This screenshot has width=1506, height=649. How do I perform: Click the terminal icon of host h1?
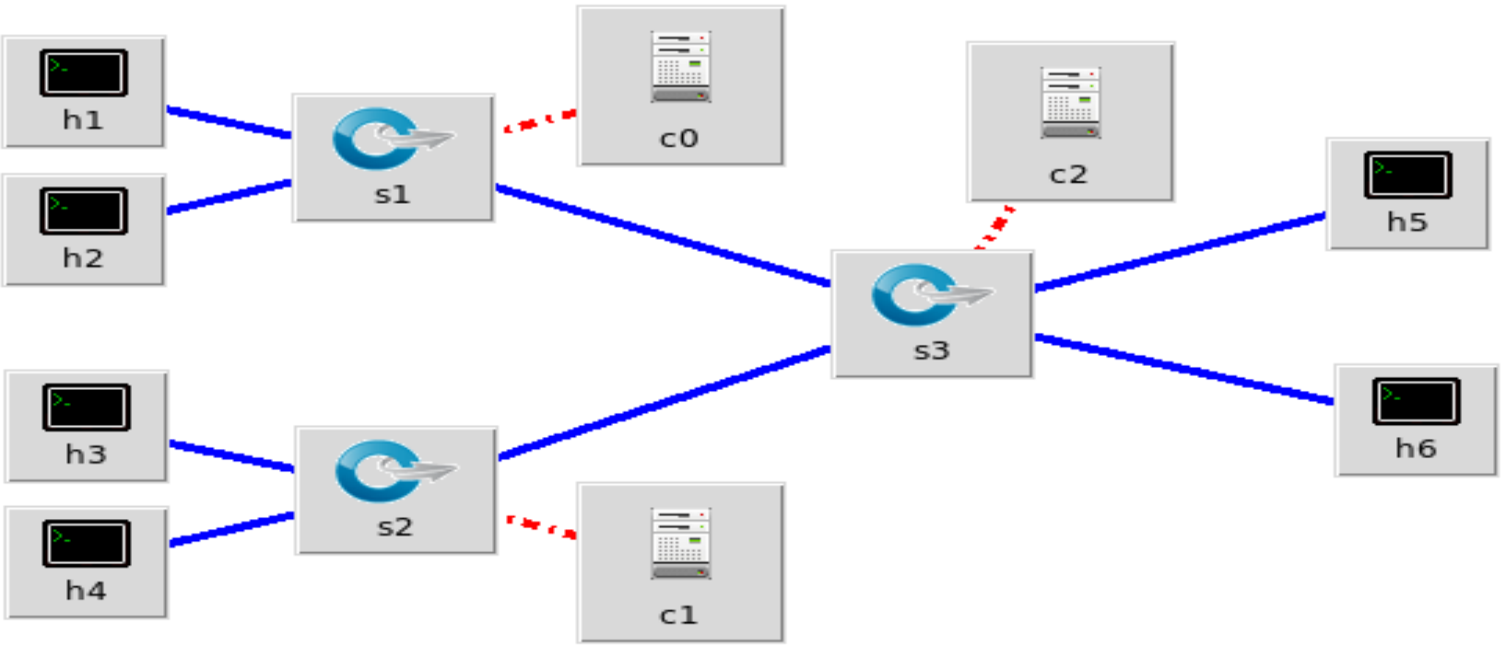click(x=83, y=73)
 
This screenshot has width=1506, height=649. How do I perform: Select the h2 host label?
click(x=83, y=258)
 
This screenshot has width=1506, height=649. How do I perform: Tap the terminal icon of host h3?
click(x=86, y=407)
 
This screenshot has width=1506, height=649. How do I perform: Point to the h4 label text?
click(x=86, y=591)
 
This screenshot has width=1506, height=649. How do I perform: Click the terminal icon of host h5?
click(x=1407, y=174)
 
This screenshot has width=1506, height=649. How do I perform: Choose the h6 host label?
click(x=1416, y=449)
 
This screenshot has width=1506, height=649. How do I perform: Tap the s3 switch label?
click(x=931, y=351)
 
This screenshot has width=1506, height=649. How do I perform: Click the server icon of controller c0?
click(x=681, y=66)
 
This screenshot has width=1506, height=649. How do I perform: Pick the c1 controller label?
click(x=679, y=615)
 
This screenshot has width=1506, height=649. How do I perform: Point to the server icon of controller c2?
click(x=1070, y=102)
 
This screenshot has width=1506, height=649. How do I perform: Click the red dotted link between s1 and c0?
click(x=539, y=122)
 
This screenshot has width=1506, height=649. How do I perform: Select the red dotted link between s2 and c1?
click(x=541, y=526)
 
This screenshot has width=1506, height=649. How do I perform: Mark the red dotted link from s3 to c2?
click(x=995, y=228)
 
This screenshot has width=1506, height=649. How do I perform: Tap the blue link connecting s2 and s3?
click(x=664, y=402)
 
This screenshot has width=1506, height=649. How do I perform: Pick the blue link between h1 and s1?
click(x=229, y=123)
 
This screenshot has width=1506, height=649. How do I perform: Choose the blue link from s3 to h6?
click(x=1183, y=369)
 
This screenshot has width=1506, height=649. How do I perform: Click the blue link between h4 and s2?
click(x=231, y=529)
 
